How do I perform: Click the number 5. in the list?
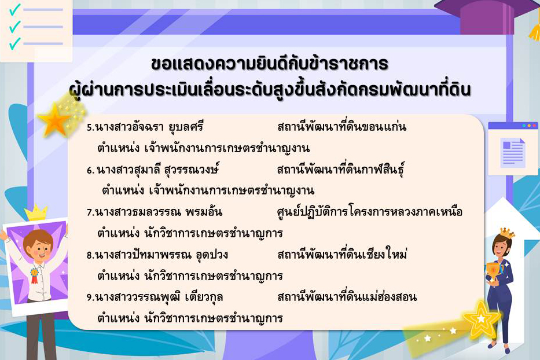(90, 127)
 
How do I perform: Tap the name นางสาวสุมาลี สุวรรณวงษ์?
(157, 170)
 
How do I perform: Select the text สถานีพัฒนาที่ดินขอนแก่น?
(341, 127)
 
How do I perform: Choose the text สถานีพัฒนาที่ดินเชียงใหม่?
(342, 255)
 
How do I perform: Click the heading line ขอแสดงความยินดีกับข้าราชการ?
(269, 63)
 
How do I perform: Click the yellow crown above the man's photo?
(36, 212)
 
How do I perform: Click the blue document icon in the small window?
(512, 152)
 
